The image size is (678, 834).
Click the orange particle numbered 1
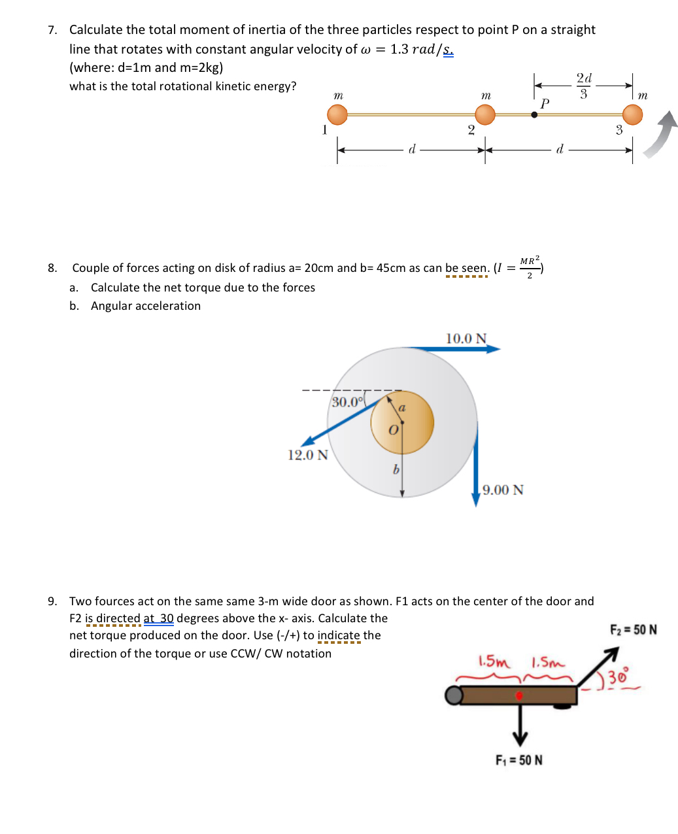coord(337,114)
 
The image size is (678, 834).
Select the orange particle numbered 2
coord(485,114)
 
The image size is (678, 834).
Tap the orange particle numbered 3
coord(632,114)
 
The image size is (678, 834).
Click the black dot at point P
coord(534,114)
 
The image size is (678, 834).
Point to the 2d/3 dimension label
coord(584,86)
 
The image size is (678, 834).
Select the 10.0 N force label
coord(466,339)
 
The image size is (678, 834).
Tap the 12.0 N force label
coord(308,455)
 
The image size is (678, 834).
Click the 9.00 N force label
coord(503,490)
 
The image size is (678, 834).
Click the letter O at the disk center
coord(393,430)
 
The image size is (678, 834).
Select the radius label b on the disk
coord(395,469)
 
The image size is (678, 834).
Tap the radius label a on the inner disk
coord(402,407)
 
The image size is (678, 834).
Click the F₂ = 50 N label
coord(633,629)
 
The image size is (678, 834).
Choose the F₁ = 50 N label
coord(519,760)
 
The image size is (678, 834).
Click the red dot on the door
coord(519,695)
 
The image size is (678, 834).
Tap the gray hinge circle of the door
coord(453,695)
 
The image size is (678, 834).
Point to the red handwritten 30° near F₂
coord(618,676)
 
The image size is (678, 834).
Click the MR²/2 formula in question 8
coord(530,267)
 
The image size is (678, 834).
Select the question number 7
coord(52,30)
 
